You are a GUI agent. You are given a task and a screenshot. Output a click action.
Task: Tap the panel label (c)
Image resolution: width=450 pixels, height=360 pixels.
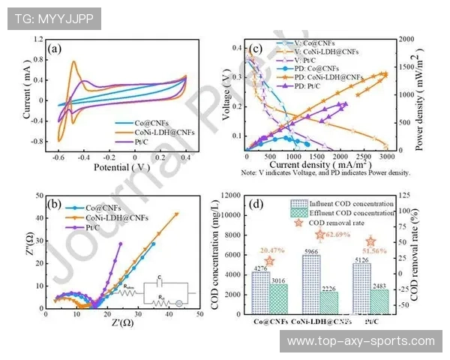click(x=254, y=49)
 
